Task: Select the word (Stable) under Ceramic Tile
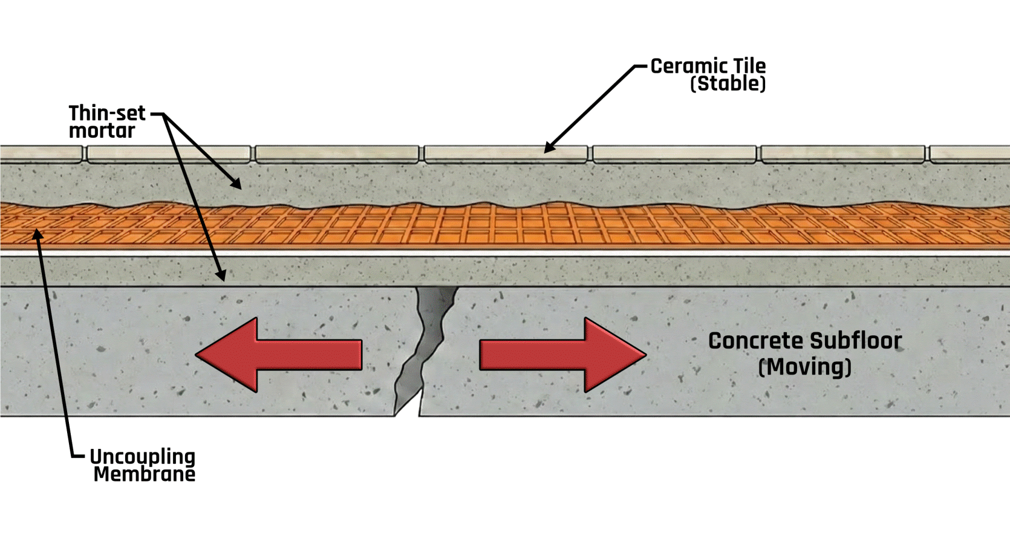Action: tap(728, 84)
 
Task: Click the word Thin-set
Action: tap(107, 113)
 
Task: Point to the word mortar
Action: tap(102, 131)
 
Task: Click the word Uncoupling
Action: tap(142, 457)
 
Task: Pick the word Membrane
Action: tap(145, 474)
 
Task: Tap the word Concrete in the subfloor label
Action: tap(755, 341)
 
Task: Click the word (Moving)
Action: tap(804, 367)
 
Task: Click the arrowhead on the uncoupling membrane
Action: tap(38, 234)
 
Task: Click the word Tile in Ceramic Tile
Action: tap(749, 66)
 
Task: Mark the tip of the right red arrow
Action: tap(644, 355)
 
